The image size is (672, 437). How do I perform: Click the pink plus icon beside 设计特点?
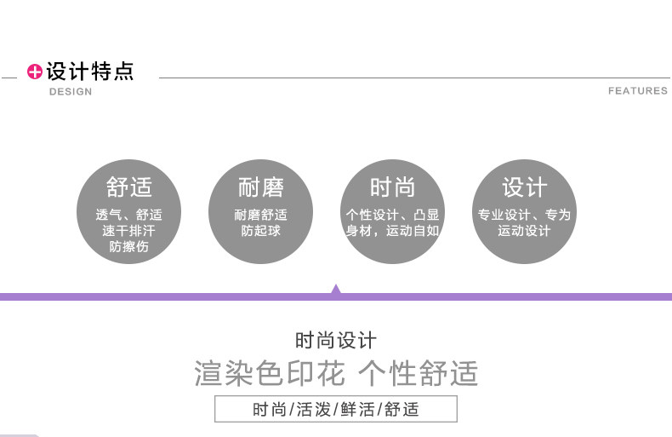click(x=35, y=72)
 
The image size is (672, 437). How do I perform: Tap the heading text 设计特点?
click(x=90, y=72)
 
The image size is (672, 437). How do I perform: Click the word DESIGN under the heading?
click(x=70, y=91)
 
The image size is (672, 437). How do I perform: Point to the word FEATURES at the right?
click(x=637, y=90)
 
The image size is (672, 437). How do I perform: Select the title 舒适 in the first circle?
click(x=129, y=187)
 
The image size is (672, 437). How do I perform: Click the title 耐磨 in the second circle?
click(x=261, y=187)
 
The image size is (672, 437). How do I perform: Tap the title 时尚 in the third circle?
click(x=392, y=187)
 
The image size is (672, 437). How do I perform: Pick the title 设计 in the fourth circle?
click(x=524, y=187)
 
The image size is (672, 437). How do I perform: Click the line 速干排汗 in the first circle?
click(x=129, y=231)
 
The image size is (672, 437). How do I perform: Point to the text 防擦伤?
click(x=129, y=247)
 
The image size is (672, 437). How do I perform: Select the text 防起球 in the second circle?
click(x=261, y=231)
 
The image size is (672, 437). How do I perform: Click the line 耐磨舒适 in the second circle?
click(x=261, y=215)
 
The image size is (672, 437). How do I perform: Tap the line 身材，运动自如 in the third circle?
click(x=392, y=231)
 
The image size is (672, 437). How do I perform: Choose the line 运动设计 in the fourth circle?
click(x=524, y=231)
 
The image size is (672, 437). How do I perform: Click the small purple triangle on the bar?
click(x=336, y=290)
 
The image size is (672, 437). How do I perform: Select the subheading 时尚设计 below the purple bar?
click(x=336, y=341)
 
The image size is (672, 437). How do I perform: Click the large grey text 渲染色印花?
click(x=270, y=373)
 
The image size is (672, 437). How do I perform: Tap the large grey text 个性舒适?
click(x=418, y=373)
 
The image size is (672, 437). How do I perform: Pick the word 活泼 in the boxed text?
click(x=315, y=410)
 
